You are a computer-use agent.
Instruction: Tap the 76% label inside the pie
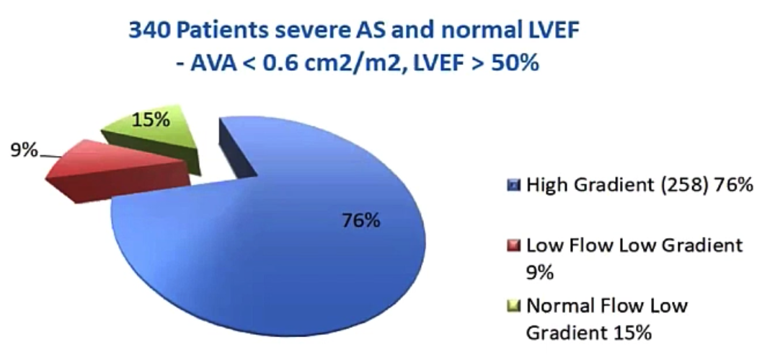click(x=362, y=220)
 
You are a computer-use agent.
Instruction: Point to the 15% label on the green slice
click(x=151, y=120)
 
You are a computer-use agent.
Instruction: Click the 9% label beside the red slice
click(x=24, y=149)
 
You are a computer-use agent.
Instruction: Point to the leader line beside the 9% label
click(x=50, y=157)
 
